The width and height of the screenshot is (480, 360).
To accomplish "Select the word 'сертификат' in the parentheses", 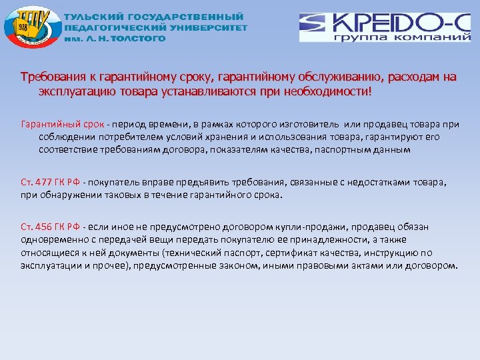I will tap(289, 253).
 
